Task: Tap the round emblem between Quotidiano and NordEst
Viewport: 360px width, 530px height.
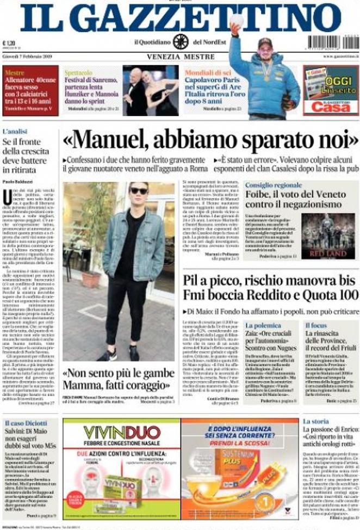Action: tap(181, 41)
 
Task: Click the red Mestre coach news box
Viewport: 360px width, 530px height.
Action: tap(30, 90)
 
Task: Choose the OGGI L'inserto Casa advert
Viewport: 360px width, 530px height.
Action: tap(330, 90)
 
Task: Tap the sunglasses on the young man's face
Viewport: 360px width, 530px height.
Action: tap(139, 190)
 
